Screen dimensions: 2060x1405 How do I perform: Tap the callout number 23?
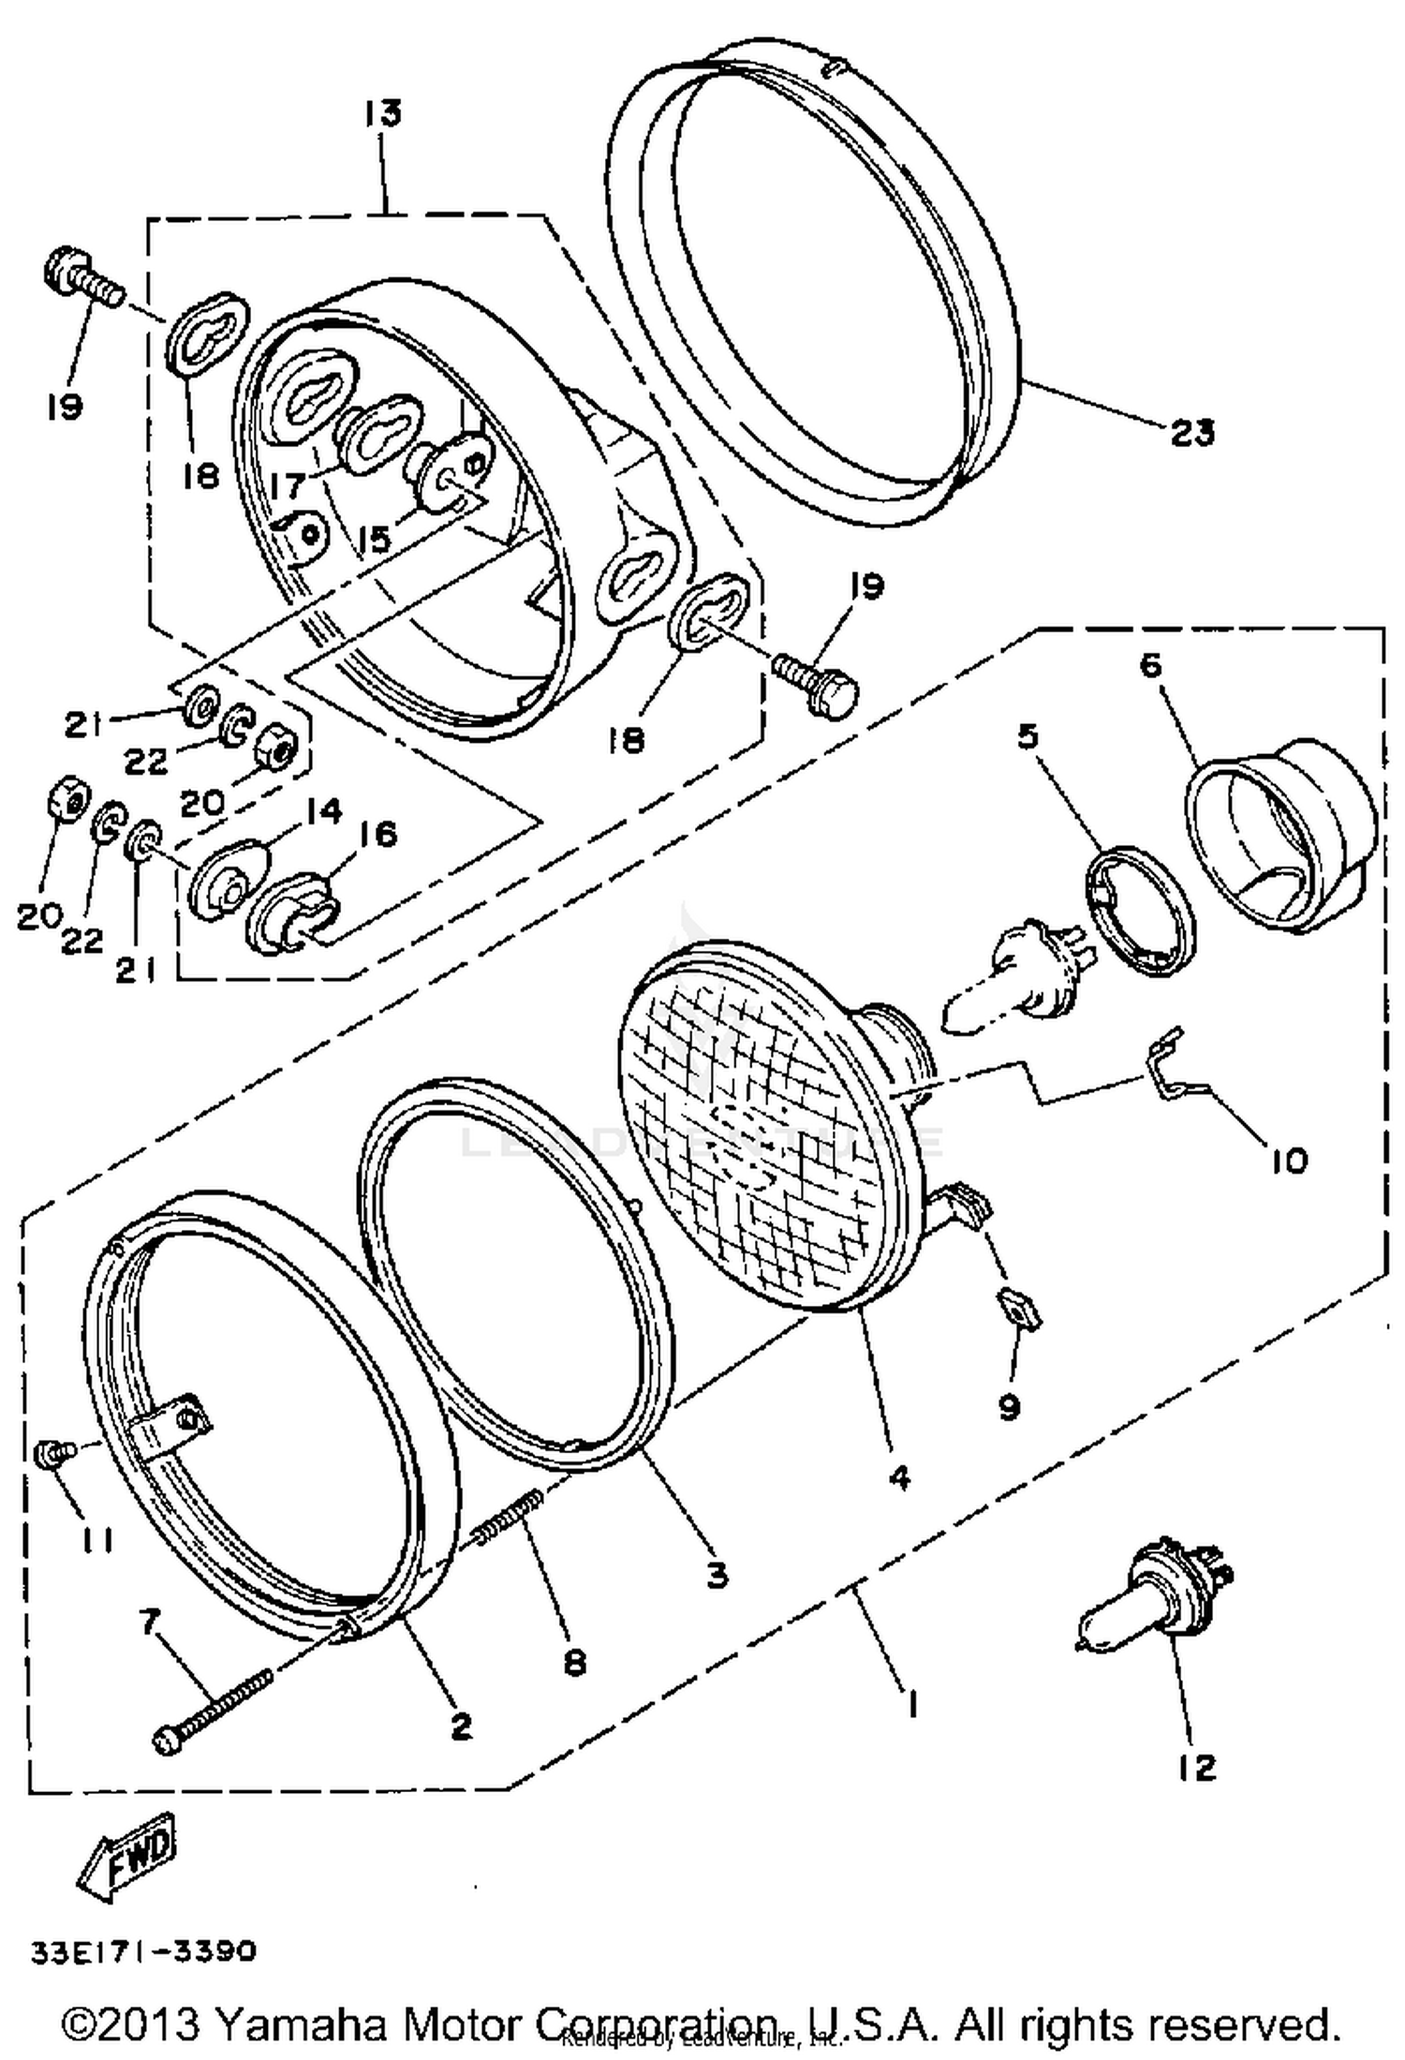[x=1191, y=433]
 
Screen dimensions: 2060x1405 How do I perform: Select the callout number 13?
[x=383, y=113]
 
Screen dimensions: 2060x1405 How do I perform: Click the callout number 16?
[x=377, y=833]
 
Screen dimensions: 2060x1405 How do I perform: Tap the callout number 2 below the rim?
[x=460, y=1725]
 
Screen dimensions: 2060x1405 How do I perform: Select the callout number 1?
[x=910, y=1703]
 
